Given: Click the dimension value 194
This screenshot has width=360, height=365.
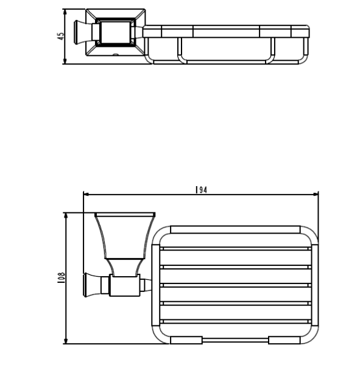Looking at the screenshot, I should (202, 190).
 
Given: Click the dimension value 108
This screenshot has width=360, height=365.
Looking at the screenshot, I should (61, 278).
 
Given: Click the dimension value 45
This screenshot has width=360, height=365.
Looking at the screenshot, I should (61, 36).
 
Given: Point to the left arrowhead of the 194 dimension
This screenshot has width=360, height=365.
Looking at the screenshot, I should (86, 195).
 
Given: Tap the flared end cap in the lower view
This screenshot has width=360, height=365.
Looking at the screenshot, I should (88, 284).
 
